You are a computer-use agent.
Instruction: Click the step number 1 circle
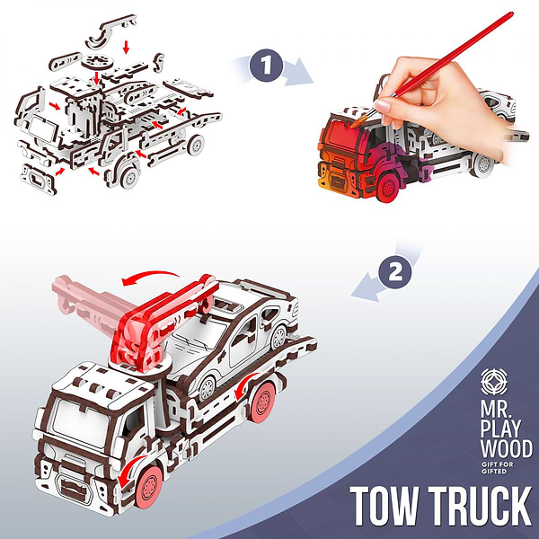point(267,66)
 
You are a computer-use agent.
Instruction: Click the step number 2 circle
point(395,272)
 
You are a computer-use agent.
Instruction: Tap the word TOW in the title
point(384,505)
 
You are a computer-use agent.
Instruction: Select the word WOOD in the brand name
point(507,448)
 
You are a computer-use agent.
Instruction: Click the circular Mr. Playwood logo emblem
point(494,382)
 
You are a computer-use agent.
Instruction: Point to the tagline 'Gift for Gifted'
point(497,468)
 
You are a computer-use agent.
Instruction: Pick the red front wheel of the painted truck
point(388,188)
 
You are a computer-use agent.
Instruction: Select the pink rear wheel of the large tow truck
point(263,402)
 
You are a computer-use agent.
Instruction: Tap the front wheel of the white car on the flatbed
point(208,387)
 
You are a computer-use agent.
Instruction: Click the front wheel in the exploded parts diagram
point(129,176)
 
